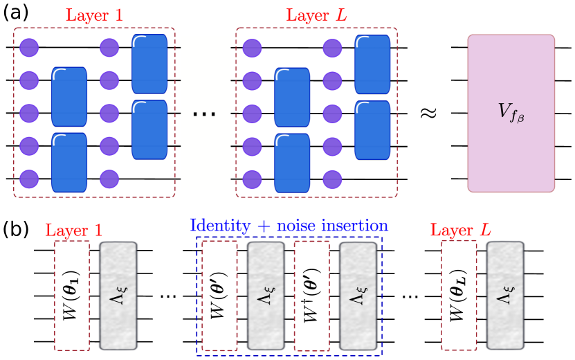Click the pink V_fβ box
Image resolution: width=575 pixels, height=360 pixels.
tap(511, 113)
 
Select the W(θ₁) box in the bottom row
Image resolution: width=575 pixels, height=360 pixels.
tap(72, 296)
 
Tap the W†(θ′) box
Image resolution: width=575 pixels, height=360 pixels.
tap(311, 296)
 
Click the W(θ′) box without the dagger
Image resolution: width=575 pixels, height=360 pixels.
tap(219, 296)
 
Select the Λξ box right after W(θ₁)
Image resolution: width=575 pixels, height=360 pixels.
tap(118, 296)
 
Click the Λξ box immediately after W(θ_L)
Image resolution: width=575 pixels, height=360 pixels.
tap(505, 296)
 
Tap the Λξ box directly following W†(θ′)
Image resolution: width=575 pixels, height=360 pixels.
tap(358, 296)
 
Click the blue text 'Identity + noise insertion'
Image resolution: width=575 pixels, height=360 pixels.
tap(289, 226)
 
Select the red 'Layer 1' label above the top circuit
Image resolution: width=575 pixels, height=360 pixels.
tap(94, 15)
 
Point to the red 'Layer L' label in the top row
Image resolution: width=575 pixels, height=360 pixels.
tap(316, 15)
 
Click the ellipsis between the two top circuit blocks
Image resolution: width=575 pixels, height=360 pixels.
tap(205, 113)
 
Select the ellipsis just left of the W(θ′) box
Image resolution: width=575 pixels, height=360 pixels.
tap(168, 296)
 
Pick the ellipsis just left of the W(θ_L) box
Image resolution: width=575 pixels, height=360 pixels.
tap(410, 296)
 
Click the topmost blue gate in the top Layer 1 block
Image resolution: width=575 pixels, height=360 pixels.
tap(149, 63)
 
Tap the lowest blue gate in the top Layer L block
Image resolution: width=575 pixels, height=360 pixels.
tap(292, 162)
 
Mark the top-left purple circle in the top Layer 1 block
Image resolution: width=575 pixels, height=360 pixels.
tap(29, 48)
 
